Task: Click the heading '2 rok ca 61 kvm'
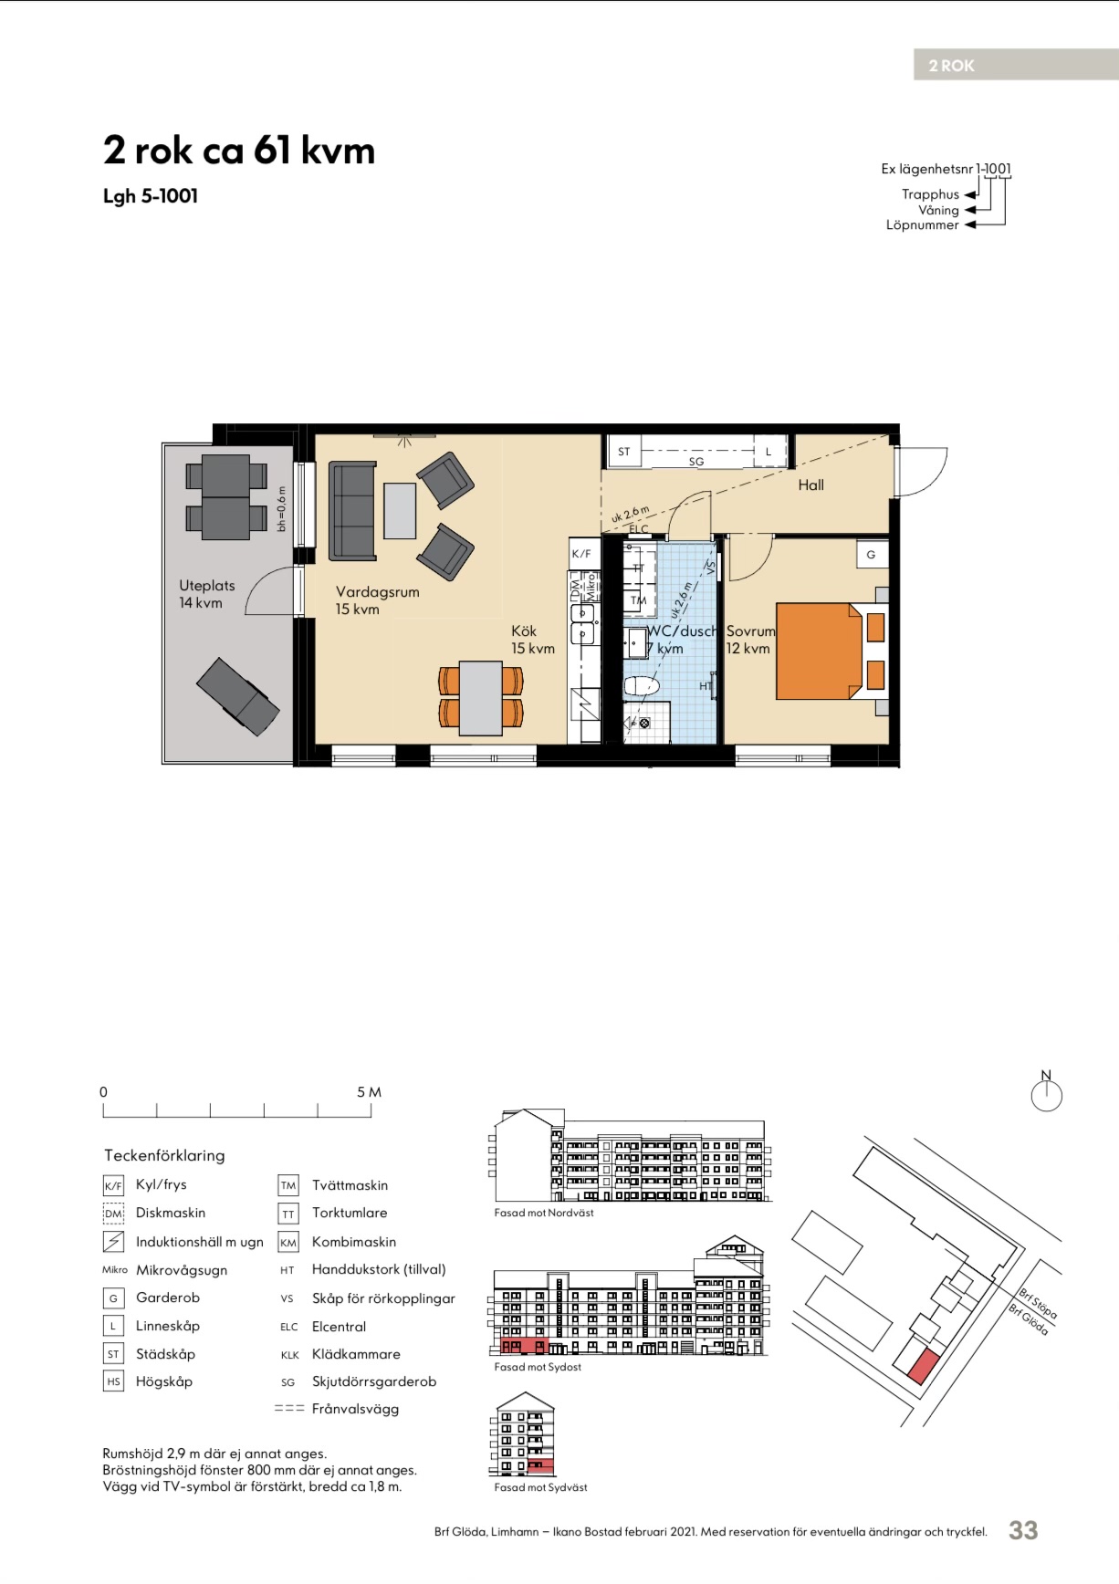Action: (239, 151)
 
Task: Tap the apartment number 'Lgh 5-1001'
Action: (151, 196)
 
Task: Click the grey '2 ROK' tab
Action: (1016, 65)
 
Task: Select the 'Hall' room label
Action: (810, 485)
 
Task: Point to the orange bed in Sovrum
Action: (819, 651)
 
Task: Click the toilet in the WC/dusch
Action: (642, 685)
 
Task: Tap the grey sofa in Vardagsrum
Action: (352, 511)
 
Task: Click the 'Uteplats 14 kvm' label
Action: (206, 594)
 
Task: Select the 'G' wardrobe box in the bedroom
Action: (871, 554)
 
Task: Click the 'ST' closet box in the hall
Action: (624, 452)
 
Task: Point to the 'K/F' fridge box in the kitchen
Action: (581, 554)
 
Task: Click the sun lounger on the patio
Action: (238, 696)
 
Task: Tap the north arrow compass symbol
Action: (1047, 1092)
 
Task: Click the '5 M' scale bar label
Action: (369, 1092)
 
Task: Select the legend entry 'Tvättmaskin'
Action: (350, 1185)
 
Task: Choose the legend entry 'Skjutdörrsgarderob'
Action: (374, 1381)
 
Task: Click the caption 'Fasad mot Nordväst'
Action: (544, 1213)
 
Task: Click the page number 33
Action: (1023, 1530)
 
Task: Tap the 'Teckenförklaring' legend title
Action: (164, 1155)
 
